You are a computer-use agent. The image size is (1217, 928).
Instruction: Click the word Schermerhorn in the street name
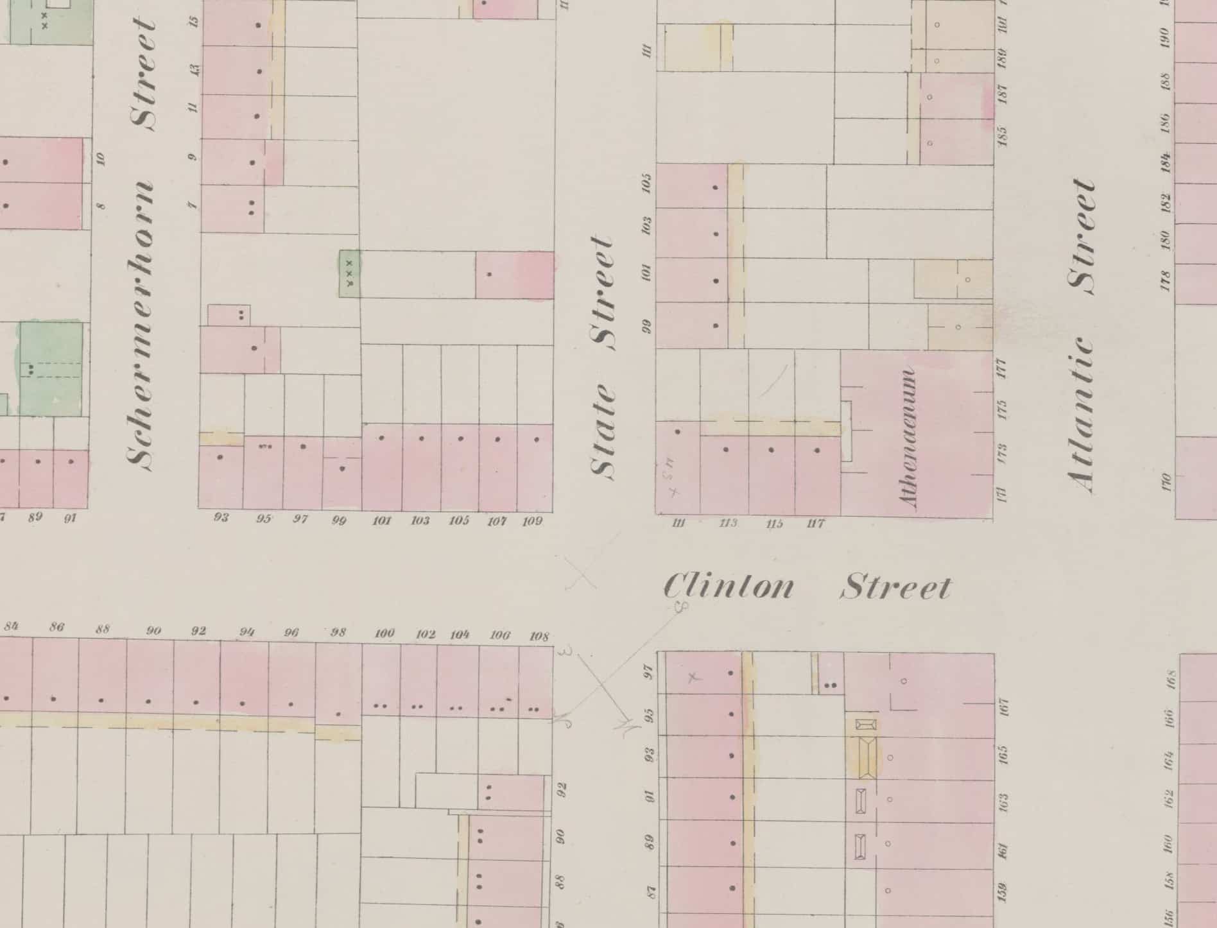click(141, 324)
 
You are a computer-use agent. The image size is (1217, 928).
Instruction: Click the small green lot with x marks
click(349, 273)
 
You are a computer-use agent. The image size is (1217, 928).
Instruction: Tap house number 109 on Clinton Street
click(532, 521)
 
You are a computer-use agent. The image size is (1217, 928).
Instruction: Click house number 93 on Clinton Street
click(221, 517)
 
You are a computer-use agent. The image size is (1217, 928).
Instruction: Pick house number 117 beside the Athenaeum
click(815, 524)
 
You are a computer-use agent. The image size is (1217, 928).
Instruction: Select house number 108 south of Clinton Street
click(539, 636)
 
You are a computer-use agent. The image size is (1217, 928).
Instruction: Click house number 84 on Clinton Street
click(11, 626)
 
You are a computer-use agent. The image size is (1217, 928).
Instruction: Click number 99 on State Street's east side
click(647, 327)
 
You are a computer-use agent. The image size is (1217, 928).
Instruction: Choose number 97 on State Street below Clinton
click(649, 673)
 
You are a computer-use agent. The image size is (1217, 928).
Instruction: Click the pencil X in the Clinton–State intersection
click(580, 572)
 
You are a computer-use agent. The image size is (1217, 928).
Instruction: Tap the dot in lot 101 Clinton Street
click(382, 438)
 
